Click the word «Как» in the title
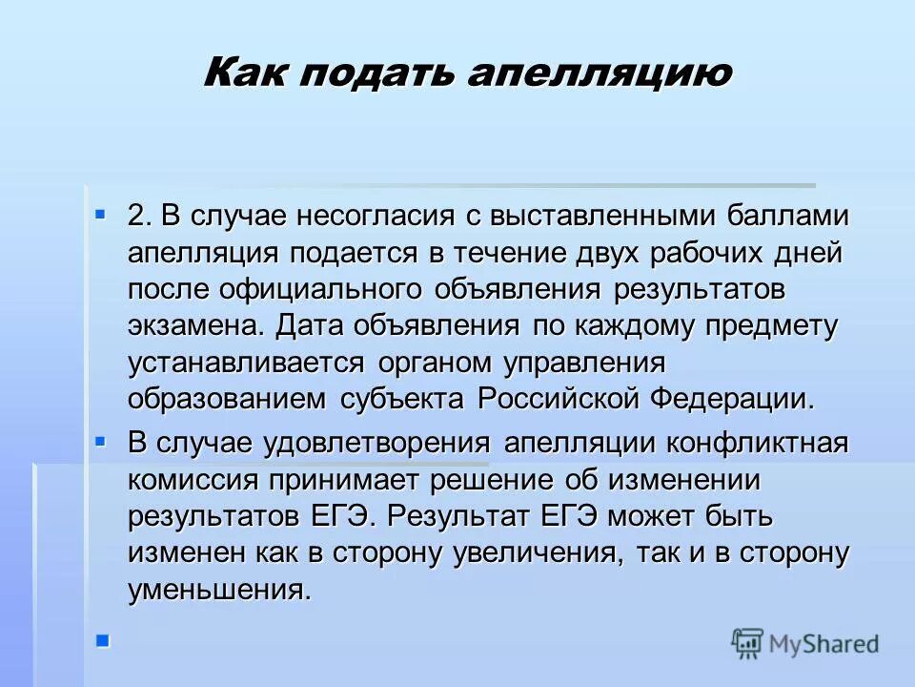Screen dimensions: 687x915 tap(244, 73)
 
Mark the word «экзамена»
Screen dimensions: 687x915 tap(194, 325)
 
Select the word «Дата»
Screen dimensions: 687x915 tap(312, 325)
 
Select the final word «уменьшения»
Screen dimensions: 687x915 tap(219, 590)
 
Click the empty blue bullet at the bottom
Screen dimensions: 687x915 tap(102, 639)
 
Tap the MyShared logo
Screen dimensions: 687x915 tap(805, 643)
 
